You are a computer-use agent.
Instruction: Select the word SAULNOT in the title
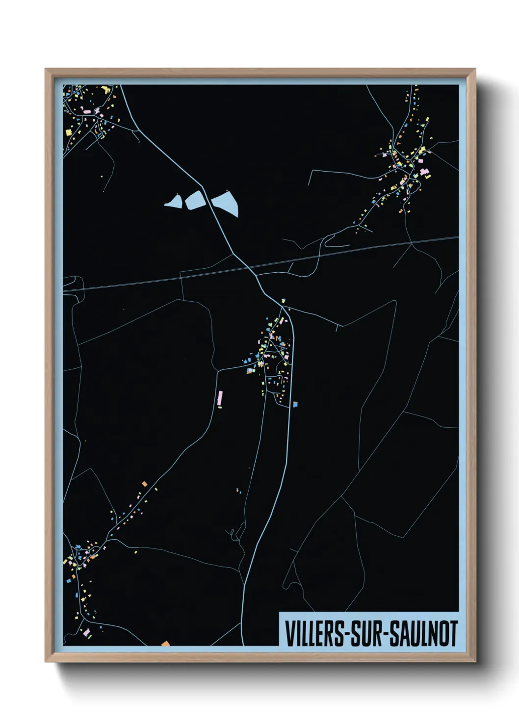click(424, 634)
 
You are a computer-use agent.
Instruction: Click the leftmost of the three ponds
click(174, 201)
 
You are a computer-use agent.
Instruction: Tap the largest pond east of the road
click(226, 202)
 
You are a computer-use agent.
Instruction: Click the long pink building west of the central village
click(220, 398)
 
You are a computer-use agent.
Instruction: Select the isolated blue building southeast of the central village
click(295, 404)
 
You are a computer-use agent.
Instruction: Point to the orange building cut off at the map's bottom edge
click(166, 643)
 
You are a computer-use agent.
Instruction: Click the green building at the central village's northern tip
click(283, 300)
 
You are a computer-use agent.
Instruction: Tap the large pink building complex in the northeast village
click(425, 173)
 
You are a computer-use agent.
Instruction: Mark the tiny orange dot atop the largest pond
click(227, 191)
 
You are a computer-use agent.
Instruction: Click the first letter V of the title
click(289, 634)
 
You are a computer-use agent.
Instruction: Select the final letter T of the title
click(453, 634)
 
